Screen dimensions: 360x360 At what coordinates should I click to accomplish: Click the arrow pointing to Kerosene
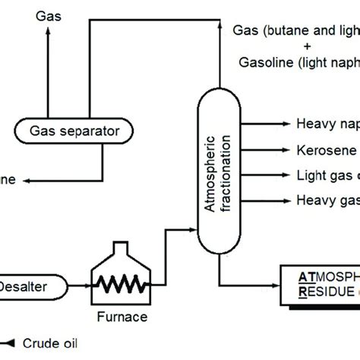(285, 150)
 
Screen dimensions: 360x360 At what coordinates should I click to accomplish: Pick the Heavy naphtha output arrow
(285, 124)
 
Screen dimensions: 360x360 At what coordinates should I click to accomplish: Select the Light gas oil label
(327, 175)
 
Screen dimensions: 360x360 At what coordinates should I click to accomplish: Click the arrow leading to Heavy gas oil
(285, 201)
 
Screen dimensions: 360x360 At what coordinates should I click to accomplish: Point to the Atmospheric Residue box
(319, 284)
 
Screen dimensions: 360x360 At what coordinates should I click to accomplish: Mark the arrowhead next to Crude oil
(11, 343)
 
